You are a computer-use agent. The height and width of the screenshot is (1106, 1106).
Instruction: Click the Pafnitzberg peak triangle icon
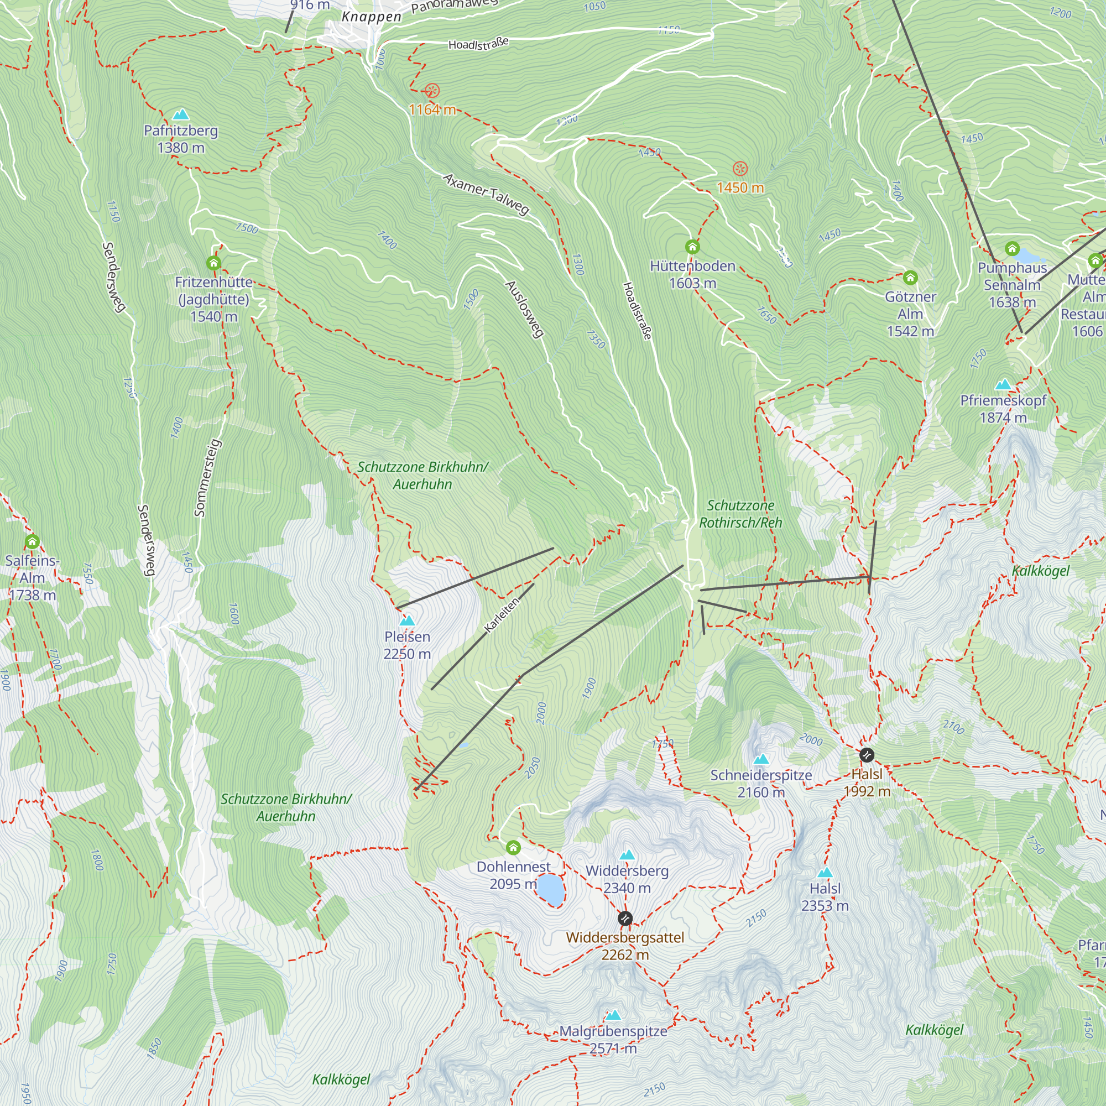(181, 114)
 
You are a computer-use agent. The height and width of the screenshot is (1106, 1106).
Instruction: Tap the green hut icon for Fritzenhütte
(213, 263)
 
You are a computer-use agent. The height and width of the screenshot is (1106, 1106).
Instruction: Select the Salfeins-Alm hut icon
(32, 541)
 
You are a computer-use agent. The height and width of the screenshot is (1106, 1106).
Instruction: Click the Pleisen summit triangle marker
(407, 620)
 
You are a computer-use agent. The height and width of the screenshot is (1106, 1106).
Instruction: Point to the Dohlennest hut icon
(513, 847)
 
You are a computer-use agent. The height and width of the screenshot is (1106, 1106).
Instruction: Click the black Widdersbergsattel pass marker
(625, 919)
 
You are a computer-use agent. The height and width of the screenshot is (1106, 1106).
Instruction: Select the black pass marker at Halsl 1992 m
(867, 755)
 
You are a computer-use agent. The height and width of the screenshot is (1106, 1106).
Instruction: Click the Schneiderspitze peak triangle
(761, 760)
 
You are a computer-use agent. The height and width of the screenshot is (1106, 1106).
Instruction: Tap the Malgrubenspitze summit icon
(614, 1015)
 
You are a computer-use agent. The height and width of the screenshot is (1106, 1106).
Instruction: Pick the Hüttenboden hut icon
(692, 247)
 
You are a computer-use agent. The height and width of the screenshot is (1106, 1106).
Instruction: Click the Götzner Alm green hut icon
(910, 278)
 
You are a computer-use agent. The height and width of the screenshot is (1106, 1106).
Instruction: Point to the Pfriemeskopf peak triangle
(1003, 385)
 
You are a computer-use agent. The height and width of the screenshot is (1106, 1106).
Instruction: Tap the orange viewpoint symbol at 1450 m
(740, 169)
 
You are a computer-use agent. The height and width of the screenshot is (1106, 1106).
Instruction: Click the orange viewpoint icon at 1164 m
(432, 91)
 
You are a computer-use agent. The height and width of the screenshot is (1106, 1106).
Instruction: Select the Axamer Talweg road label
(486, 195)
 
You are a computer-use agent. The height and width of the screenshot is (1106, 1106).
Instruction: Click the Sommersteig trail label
(207, 478)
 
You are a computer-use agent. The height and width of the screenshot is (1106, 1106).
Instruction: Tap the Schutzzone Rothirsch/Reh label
(740, 514)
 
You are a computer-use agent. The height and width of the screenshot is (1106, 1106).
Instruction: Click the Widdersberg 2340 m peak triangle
(628, 855)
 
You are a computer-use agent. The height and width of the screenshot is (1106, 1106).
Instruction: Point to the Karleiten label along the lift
(502, 615)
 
